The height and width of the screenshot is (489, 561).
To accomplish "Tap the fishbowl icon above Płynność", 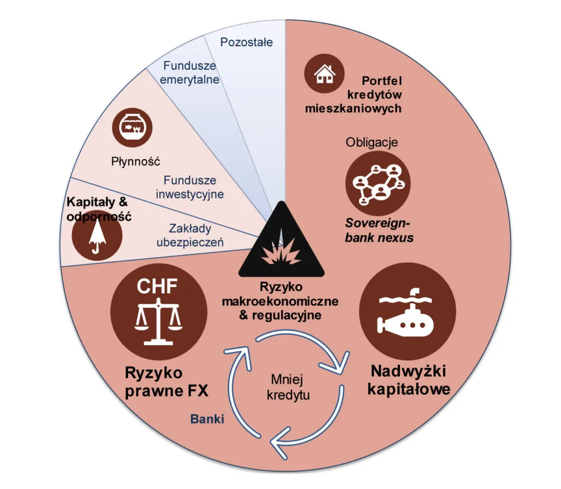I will (131, 128).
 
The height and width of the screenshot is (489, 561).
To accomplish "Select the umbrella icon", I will (97, 240).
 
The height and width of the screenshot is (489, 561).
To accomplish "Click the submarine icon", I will (406, 320).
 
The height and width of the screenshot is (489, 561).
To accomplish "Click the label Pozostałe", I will (246, 42).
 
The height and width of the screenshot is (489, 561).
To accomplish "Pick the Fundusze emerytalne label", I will (190, 72).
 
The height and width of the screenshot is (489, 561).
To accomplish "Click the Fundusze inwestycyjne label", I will (190, 187).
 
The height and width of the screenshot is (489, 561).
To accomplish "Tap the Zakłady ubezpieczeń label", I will (190, 235).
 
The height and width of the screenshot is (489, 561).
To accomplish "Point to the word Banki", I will (208, 419).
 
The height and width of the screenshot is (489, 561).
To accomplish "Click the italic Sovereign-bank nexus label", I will (379, 231).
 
